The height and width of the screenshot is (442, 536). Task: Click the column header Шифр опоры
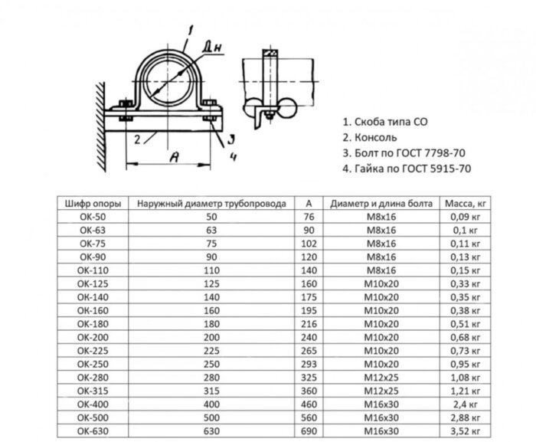[x=91, y=204]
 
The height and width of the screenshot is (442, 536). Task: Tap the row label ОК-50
[x=91, y=217]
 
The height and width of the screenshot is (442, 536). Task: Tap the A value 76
[x=308, y=217]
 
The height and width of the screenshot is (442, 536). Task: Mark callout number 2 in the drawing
[x=135, y=139]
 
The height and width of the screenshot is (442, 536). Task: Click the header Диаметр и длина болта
[x=381, y=204]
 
